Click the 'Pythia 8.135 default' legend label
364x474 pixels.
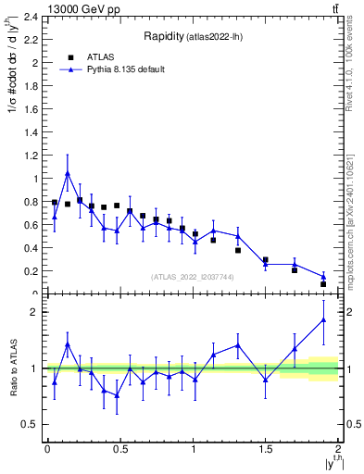click(127, 69)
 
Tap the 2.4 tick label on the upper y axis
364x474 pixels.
click(31, 17)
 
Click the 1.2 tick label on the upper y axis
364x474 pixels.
click(31, 156)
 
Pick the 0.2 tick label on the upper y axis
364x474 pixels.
click(31, 271)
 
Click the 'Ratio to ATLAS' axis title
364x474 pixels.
click(11, 368)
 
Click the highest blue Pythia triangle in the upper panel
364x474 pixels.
click(68, 173)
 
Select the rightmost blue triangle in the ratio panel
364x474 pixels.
click(323, 319)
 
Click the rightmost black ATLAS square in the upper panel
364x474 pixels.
click(323, 283)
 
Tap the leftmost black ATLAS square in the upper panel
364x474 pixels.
click(55, 202)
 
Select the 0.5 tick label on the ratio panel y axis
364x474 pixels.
click(31, 424)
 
